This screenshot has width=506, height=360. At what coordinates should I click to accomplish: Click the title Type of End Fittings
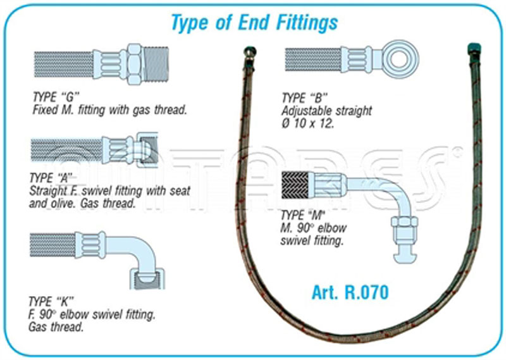point(254,22)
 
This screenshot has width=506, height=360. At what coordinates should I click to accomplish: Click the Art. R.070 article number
point(349,292)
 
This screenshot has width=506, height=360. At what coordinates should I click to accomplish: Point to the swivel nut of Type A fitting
point(147,150)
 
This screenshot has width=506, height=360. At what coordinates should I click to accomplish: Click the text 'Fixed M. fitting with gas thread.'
point(109,110)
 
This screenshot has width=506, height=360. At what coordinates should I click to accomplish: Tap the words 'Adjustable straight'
point(326,111)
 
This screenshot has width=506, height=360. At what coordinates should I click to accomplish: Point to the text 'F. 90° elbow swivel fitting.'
point(93,314)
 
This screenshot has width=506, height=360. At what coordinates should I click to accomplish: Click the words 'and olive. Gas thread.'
point(82,204)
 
